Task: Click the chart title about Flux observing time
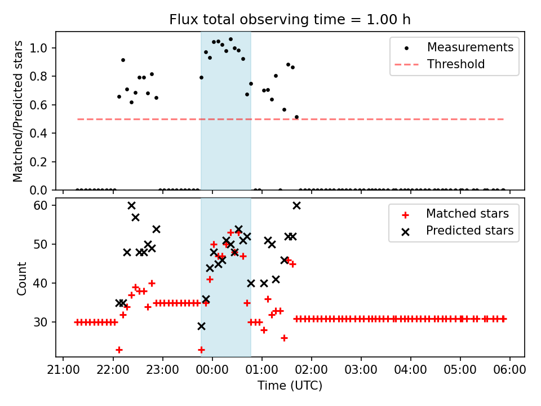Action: (290, 20)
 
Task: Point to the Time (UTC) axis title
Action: (290, 386)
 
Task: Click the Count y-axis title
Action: (22, 278)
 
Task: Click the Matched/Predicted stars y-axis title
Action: (19, 111)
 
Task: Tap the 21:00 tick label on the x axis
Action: (63, 370)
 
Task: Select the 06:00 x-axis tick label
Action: (510, 370)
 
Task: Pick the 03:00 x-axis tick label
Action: (361, 370)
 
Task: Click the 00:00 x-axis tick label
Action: (212, 370)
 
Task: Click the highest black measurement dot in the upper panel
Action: (230, 39)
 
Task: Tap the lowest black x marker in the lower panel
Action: (201, 326)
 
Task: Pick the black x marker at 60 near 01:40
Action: (296, 205)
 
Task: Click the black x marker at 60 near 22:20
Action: (131, 205)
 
